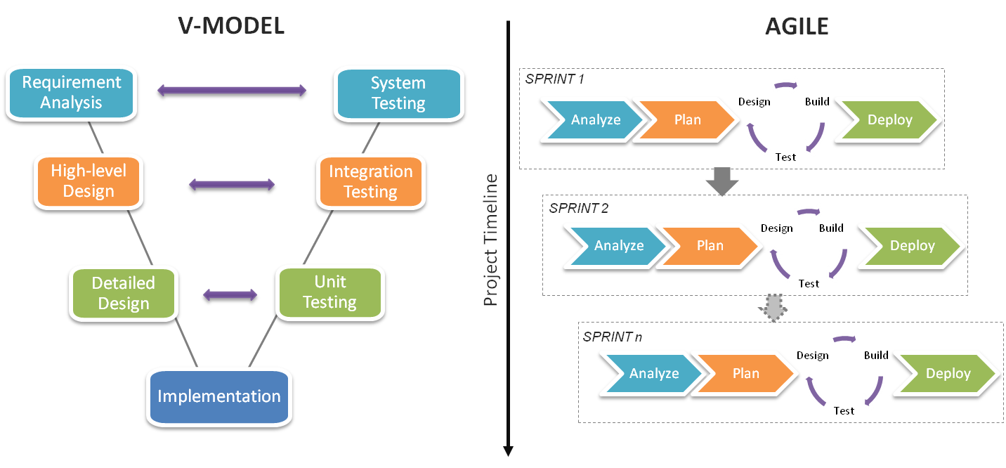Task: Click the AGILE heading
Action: pyautogui.click(x=796, y=26)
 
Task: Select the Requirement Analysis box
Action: pyautogui.click(x=71, y=92)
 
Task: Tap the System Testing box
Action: pyautogui.click(x=398, y=93)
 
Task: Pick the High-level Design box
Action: pyautogui.click(x=89, y=181)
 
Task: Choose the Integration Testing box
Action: pyautogui.click(x=370, y=181)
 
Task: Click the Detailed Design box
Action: pyautogui.click(x=124, y=293)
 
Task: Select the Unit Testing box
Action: pyautogui.click(x=329, y=292)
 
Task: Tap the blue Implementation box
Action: pyautogui.click(x=218, y=396)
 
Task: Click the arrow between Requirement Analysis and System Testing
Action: pyautogui.click(x=233, y=91)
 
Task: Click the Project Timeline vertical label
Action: pyautogui.click(x=491, y=240)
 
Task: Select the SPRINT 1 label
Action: pyautogui.click(x=555, y=79)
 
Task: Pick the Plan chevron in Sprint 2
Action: pyautogui.click(x=710, y=246)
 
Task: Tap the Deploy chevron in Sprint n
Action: pyautogui.click(x=948, y=374)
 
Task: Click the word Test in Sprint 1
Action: pyautogui.click(x=786, y=157)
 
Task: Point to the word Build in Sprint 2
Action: pyautogui.click(x=831, y=228)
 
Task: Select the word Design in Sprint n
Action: pyautogui.click(x=812, y=356)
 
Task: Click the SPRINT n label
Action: pyautogui.click(x=612, y=337)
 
